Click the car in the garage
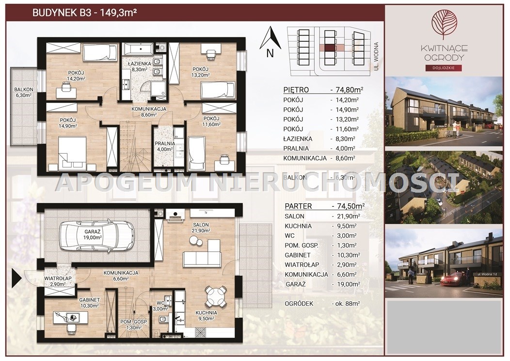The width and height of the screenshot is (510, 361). click(x=96, y=235)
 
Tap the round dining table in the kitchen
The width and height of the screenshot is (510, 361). click(x=215, y=296)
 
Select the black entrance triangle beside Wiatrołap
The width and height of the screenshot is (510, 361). click(x=16, y=278)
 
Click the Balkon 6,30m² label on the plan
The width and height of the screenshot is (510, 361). click(x=23, y=93)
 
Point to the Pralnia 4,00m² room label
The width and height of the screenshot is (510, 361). click(x=164, y=146)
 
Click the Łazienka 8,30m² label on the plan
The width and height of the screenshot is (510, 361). click(x=139, y=66)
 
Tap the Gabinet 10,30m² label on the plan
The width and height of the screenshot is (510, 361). click(x=89, y=303)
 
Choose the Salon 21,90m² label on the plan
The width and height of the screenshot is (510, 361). click(x=201, y=228)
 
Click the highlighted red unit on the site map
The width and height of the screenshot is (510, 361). click(x=330, y=48)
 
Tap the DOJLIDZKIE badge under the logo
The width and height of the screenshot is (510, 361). click(x=444, y=68)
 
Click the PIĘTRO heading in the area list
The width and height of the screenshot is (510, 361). click(x=296, y=90)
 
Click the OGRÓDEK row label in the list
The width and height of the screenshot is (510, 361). click(x=299, y=303)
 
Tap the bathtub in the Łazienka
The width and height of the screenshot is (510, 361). click(x=138, y=49)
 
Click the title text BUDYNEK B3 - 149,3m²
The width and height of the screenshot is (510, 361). click(x=84, y=13)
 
